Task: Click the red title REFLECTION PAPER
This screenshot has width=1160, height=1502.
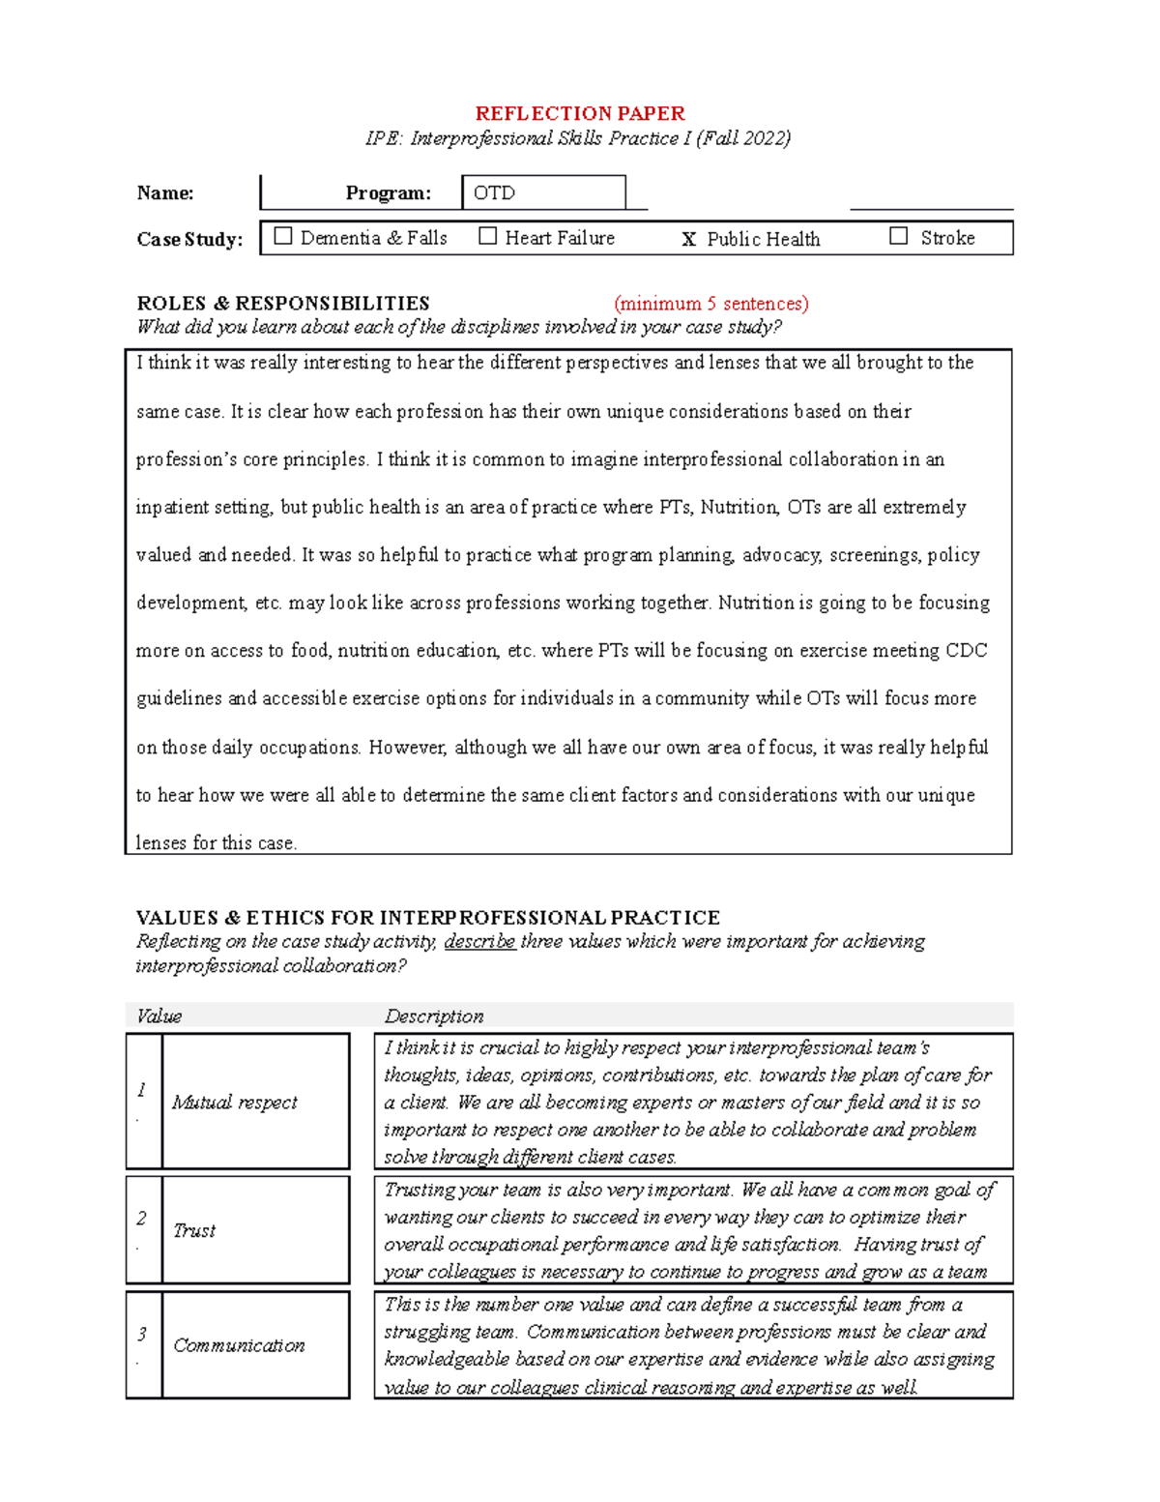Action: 579,113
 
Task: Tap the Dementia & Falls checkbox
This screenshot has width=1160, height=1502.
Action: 283,236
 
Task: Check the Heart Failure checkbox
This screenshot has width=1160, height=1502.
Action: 488,236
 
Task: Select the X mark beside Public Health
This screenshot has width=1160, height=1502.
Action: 688,240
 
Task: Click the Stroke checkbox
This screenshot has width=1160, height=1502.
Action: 898,236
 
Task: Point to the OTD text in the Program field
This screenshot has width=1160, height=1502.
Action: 494,193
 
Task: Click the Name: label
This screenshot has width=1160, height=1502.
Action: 165,193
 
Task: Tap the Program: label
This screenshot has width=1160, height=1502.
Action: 388,193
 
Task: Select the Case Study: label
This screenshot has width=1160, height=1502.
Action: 189,240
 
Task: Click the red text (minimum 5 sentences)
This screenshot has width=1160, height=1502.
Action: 710,304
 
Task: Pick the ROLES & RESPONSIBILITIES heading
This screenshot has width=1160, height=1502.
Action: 283,304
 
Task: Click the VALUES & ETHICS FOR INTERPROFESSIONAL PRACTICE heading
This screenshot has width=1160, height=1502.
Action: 427,918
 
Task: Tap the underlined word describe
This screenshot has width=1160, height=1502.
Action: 479,942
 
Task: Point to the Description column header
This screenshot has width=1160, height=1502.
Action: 434,1016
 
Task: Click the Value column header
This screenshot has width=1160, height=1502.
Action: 159,1016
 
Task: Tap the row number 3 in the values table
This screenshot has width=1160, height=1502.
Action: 142,1335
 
